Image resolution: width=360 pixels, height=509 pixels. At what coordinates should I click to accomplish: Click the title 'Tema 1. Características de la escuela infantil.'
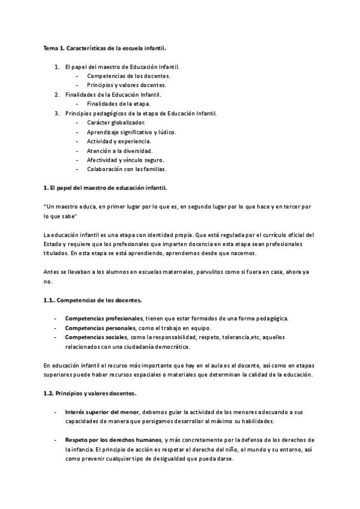click(x=99, y=47)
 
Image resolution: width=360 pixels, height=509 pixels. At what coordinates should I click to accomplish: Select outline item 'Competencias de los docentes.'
click(x=128, y=76)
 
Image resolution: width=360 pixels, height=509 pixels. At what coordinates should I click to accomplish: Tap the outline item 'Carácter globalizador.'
click(x=116, y=122)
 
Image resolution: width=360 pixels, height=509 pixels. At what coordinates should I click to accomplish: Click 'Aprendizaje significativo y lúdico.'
click(x=131, y=132)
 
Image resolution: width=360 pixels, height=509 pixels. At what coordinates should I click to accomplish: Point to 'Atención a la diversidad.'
click(x=119, y=151)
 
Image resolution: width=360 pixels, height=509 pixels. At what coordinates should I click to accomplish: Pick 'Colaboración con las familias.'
click(x=126, y=169)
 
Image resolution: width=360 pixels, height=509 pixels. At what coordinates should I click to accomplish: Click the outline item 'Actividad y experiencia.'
click(x=119, y=141)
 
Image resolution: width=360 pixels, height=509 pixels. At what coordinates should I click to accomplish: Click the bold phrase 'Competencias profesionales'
click(x=103, y=318)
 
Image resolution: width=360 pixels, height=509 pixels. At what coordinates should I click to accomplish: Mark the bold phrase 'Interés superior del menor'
click(x=102, y=412)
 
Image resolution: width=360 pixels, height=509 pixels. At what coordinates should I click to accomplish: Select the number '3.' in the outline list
click(x=57, y=113)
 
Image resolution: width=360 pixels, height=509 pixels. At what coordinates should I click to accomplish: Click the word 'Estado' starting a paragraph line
click(x=53, y=244)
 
